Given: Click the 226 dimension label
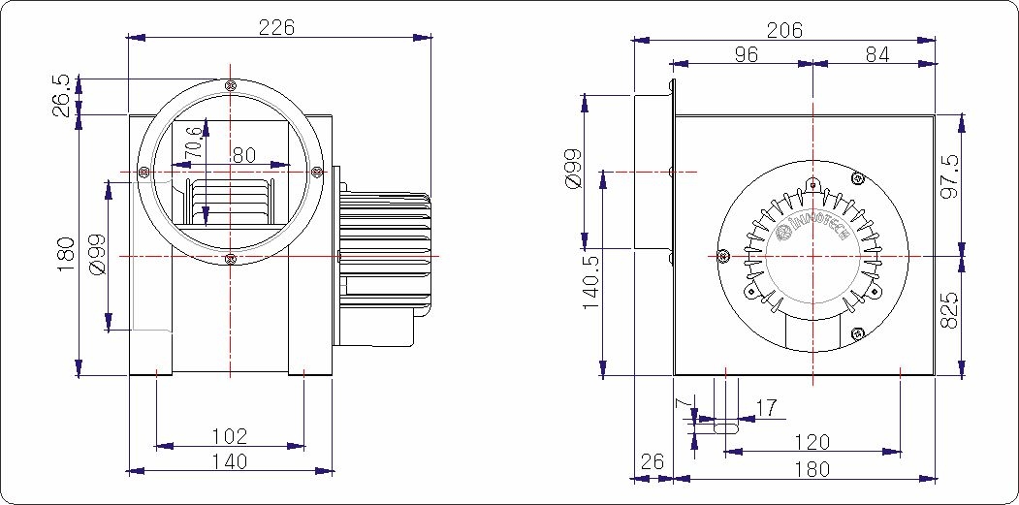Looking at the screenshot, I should point(276,27).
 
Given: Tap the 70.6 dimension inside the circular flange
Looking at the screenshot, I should point(195,142).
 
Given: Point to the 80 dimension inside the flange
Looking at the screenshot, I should point(243,154).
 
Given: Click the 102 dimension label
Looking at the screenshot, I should point(229,436).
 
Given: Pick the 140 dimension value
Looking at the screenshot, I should point(229,461).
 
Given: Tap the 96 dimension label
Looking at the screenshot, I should point(746,55).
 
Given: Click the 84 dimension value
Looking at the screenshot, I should point(876,55).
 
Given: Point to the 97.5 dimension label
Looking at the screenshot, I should point(950,177).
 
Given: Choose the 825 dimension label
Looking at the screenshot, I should point(950,309).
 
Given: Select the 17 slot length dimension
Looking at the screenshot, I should point(766,408).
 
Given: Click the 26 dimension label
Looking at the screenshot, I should point(653,462).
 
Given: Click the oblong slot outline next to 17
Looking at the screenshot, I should point(724,424).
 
